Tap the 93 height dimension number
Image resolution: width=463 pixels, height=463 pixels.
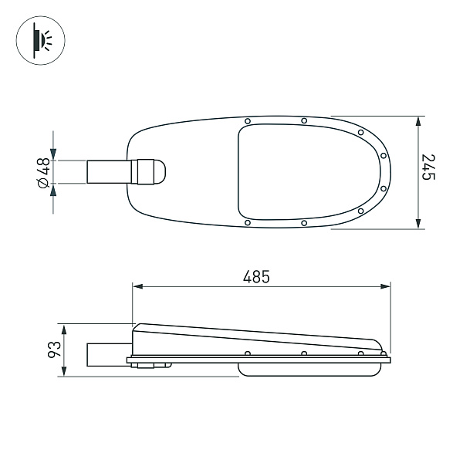pyautogui.click(x=54, y=350)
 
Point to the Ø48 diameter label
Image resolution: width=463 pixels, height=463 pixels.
pyautogui.click(x=43, y=171)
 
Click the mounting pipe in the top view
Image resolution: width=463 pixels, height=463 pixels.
pyautogui.click(x=108, y=171)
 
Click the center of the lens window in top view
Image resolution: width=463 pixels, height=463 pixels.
pyautogui.click(x=309, y=172)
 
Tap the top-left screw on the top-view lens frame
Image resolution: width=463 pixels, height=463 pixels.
pyautogui.click(x=247, y=122)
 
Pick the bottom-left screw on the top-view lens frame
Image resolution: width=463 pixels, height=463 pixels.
pyautogui.click(x=247, y=223)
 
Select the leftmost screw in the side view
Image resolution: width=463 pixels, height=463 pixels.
pyautogui.click(x=247, y=353)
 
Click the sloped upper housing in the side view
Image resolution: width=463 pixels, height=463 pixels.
pyautogui.click(x=255, y=338)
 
